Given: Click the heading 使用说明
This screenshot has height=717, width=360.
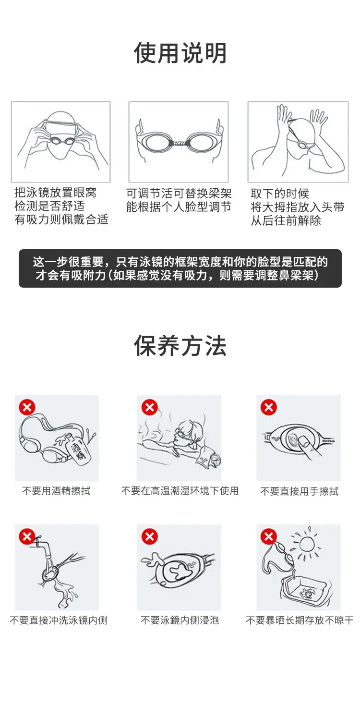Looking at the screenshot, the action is pyautogui.click(x=180, y=53).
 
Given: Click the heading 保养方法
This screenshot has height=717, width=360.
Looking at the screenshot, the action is pyautogui.click(x=180, y=346).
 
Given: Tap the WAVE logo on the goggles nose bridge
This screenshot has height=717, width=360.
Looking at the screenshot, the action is pyautogui.click(x=179, y=143).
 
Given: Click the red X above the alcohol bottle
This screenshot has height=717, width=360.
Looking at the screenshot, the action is pyautogui.click(x=27, y=407).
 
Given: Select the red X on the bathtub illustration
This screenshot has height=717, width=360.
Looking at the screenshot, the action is pyautogui.click(x=150, y=407).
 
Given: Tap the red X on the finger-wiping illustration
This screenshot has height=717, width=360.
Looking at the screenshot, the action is pyautogui.click(x=269, y=407).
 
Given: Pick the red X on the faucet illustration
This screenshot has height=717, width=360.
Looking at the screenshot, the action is pyautogui.click(x=27, y=536).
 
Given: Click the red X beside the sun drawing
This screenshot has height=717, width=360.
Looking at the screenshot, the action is pyautogui.click(x=269, y=536).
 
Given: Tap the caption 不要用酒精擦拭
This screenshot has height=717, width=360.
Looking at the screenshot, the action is pyautogui.click(x=56, y=491).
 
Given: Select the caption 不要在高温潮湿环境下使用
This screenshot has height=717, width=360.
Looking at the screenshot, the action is pyautogui.click(x=180, y=491).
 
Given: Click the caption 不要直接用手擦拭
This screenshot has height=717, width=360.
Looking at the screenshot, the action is pyautogui.click(x=299, y=491).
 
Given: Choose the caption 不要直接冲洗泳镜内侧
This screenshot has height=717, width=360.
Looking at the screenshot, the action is pyautogui.click(x=59, y=620).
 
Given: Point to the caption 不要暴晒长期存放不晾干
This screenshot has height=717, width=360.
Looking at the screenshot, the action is pyautogui.click(x=300, y=620).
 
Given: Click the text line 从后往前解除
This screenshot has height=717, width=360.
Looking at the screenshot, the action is pyautogui.click(x=286, y=220).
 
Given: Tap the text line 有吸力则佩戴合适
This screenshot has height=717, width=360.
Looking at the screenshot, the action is pyautogui.click(x=61, y=219).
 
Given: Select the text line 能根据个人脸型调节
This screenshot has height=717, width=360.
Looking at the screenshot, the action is pyautogui.click(x=179, y=207).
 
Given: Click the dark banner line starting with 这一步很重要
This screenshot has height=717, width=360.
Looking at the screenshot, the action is pyautogui.click(x=180, y=262).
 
